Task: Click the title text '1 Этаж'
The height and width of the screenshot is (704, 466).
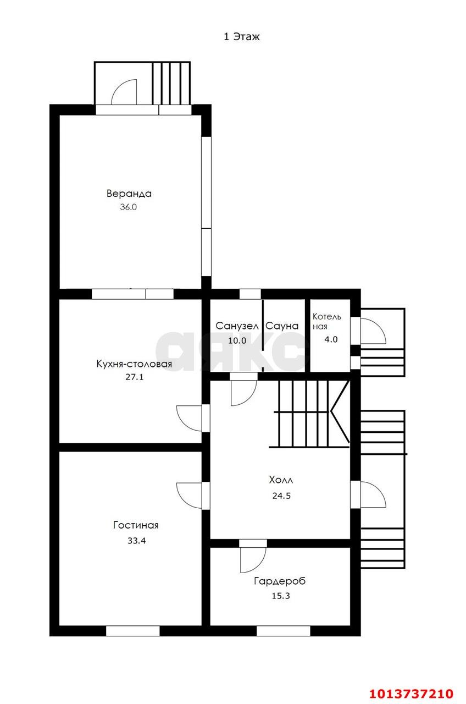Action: [x=241, y=37]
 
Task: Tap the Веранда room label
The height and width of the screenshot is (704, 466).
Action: [x=129, y=193]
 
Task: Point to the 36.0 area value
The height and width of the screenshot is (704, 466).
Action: [x=129, y=207]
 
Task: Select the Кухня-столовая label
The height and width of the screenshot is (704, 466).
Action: [x=134, y=364]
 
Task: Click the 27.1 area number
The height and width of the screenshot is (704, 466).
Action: [x=135, y=377]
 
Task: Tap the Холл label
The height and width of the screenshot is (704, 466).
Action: [x=281, y=480]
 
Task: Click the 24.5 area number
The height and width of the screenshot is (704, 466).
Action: [x=281, y=496]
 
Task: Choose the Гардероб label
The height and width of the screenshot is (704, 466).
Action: [x=280, y=581]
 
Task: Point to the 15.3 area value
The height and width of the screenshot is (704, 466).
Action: [x=281, y=596]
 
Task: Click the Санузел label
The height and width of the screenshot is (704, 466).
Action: [x=237, y=326]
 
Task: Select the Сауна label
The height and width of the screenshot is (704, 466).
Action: [x=282, y=326]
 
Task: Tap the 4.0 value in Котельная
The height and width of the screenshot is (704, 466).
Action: [x=331, y=339]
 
